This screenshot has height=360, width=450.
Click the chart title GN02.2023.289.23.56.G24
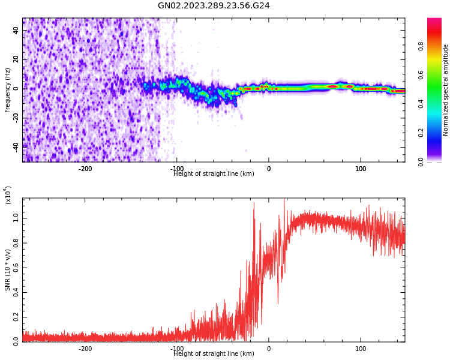tap(214, 6)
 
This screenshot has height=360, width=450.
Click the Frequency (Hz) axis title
tap(8, 90)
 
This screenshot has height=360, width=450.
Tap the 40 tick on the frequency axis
tap(16, 31)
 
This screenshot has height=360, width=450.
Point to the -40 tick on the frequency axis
tap(14, 146)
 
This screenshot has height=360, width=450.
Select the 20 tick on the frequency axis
tap(16, 59)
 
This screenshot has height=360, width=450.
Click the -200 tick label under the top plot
tap(85, 169)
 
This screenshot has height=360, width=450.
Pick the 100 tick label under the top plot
tap(361, 169)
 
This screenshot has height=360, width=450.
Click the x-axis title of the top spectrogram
tap(214, 174)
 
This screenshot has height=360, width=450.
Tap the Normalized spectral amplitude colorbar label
tap(446, 90)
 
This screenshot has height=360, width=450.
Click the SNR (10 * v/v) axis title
tap(8, 270)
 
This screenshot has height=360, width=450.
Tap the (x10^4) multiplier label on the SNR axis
tap(8, 196)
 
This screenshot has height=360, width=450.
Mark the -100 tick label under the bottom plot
tap(176, 349)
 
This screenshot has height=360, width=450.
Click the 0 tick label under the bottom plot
tap(269, 349)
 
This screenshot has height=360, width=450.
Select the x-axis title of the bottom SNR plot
tap(214, 354)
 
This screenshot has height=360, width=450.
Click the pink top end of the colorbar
tap(434, 22)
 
